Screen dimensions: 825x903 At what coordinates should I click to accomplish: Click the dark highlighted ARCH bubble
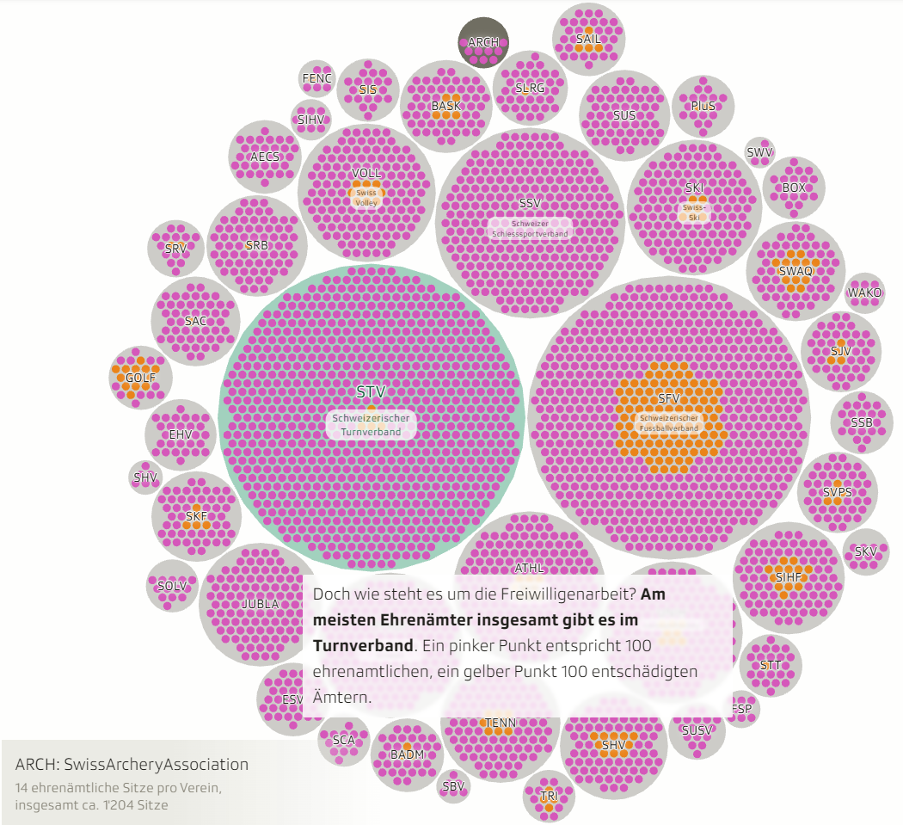click(x=483, y=42)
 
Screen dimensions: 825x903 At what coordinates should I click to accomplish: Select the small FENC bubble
click(x=316, y=78)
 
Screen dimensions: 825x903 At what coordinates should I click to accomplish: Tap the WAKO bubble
click(x=864, y=292)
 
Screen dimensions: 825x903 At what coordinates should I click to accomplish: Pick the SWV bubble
click(x=759, y=153)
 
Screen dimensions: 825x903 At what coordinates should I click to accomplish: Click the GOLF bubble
click(x=140, y=378)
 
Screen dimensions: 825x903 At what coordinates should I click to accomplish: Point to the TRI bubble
click(x=549, y=797)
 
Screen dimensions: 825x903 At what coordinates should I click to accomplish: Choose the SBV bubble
click(x=452, y=785)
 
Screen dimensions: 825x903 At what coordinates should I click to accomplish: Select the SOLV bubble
click(x=172, y=586)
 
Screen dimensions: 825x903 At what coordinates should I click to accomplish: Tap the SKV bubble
click(x=865, y=551)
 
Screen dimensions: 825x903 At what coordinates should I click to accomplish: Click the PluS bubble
click(x=703, y=106)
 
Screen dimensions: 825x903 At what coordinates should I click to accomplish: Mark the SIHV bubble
click(x=310, y=120)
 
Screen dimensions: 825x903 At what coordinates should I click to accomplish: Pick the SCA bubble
click(x=343, y=740)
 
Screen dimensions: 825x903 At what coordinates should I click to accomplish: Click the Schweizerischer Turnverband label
click(x=372, y=424)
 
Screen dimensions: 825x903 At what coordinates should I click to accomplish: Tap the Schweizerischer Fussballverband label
click(x=668, y=422)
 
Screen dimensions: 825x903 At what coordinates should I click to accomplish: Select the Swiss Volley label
click(x=366, y=197)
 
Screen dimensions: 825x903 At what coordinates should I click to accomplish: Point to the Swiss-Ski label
click(x=693, y=212)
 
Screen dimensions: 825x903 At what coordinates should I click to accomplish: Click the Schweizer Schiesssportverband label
click(x=530, y=228)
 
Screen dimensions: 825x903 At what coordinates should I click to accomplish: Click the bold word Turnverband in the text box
click(x=361, y=645)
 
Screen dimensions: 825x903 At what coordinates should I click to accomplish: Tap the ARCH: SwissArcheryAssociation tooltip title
click(x=132, y=764)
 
